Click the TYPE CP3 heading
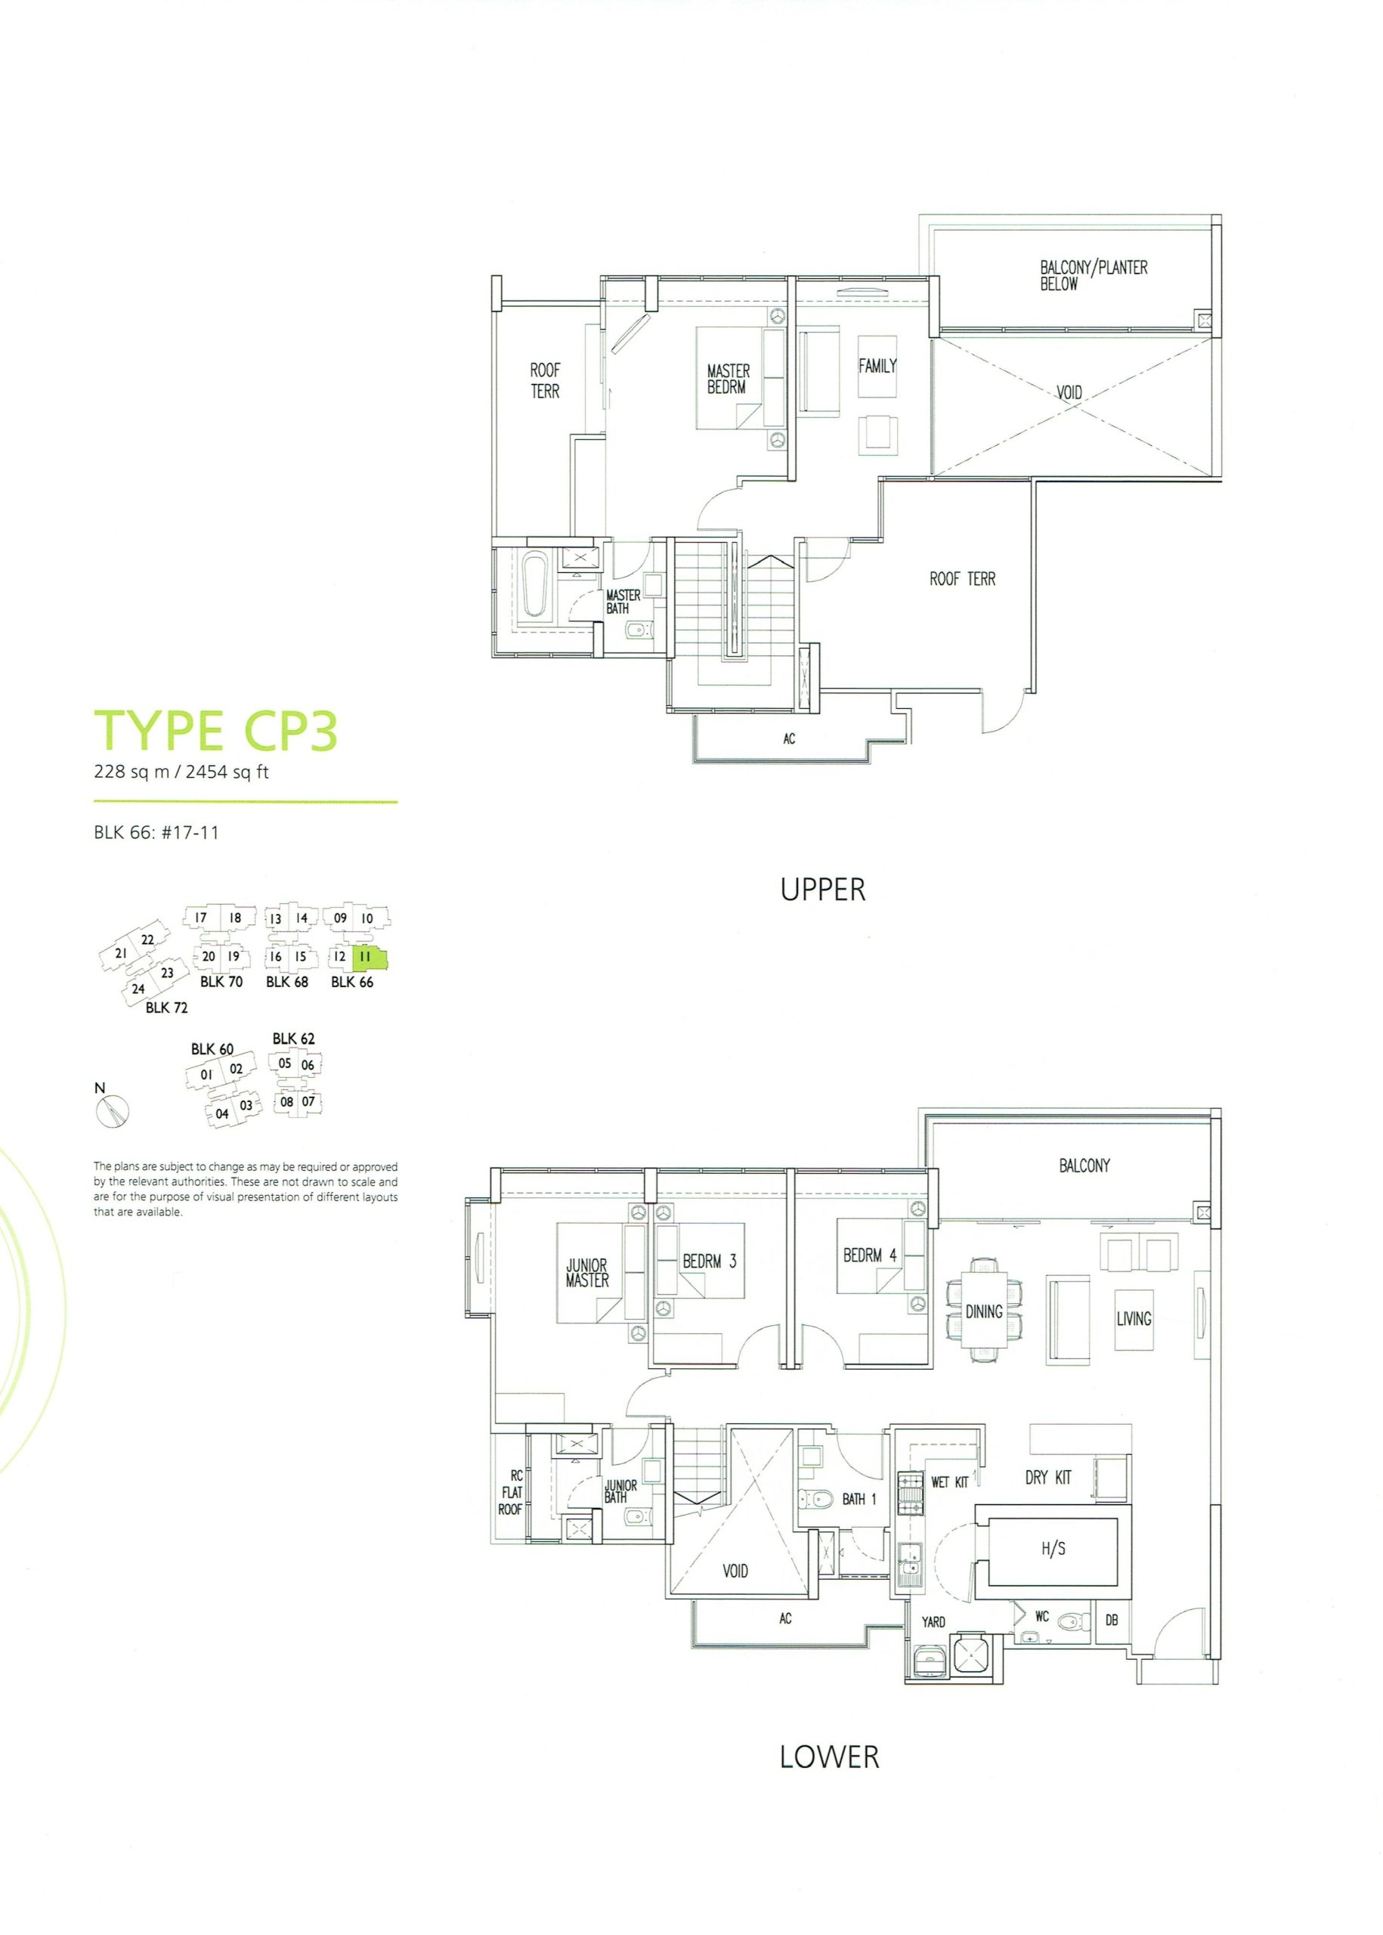[216, 731]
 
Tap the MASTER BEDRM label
[727, 379]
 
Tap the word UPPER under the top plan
[823, 889]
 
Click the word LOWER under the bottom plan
[828, 1756]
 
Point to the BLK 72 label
[167, 1008]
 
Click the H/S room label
[1053, 1548]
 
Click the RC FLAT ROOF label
[511, 1492]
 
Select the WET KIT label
[949, 1482]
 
